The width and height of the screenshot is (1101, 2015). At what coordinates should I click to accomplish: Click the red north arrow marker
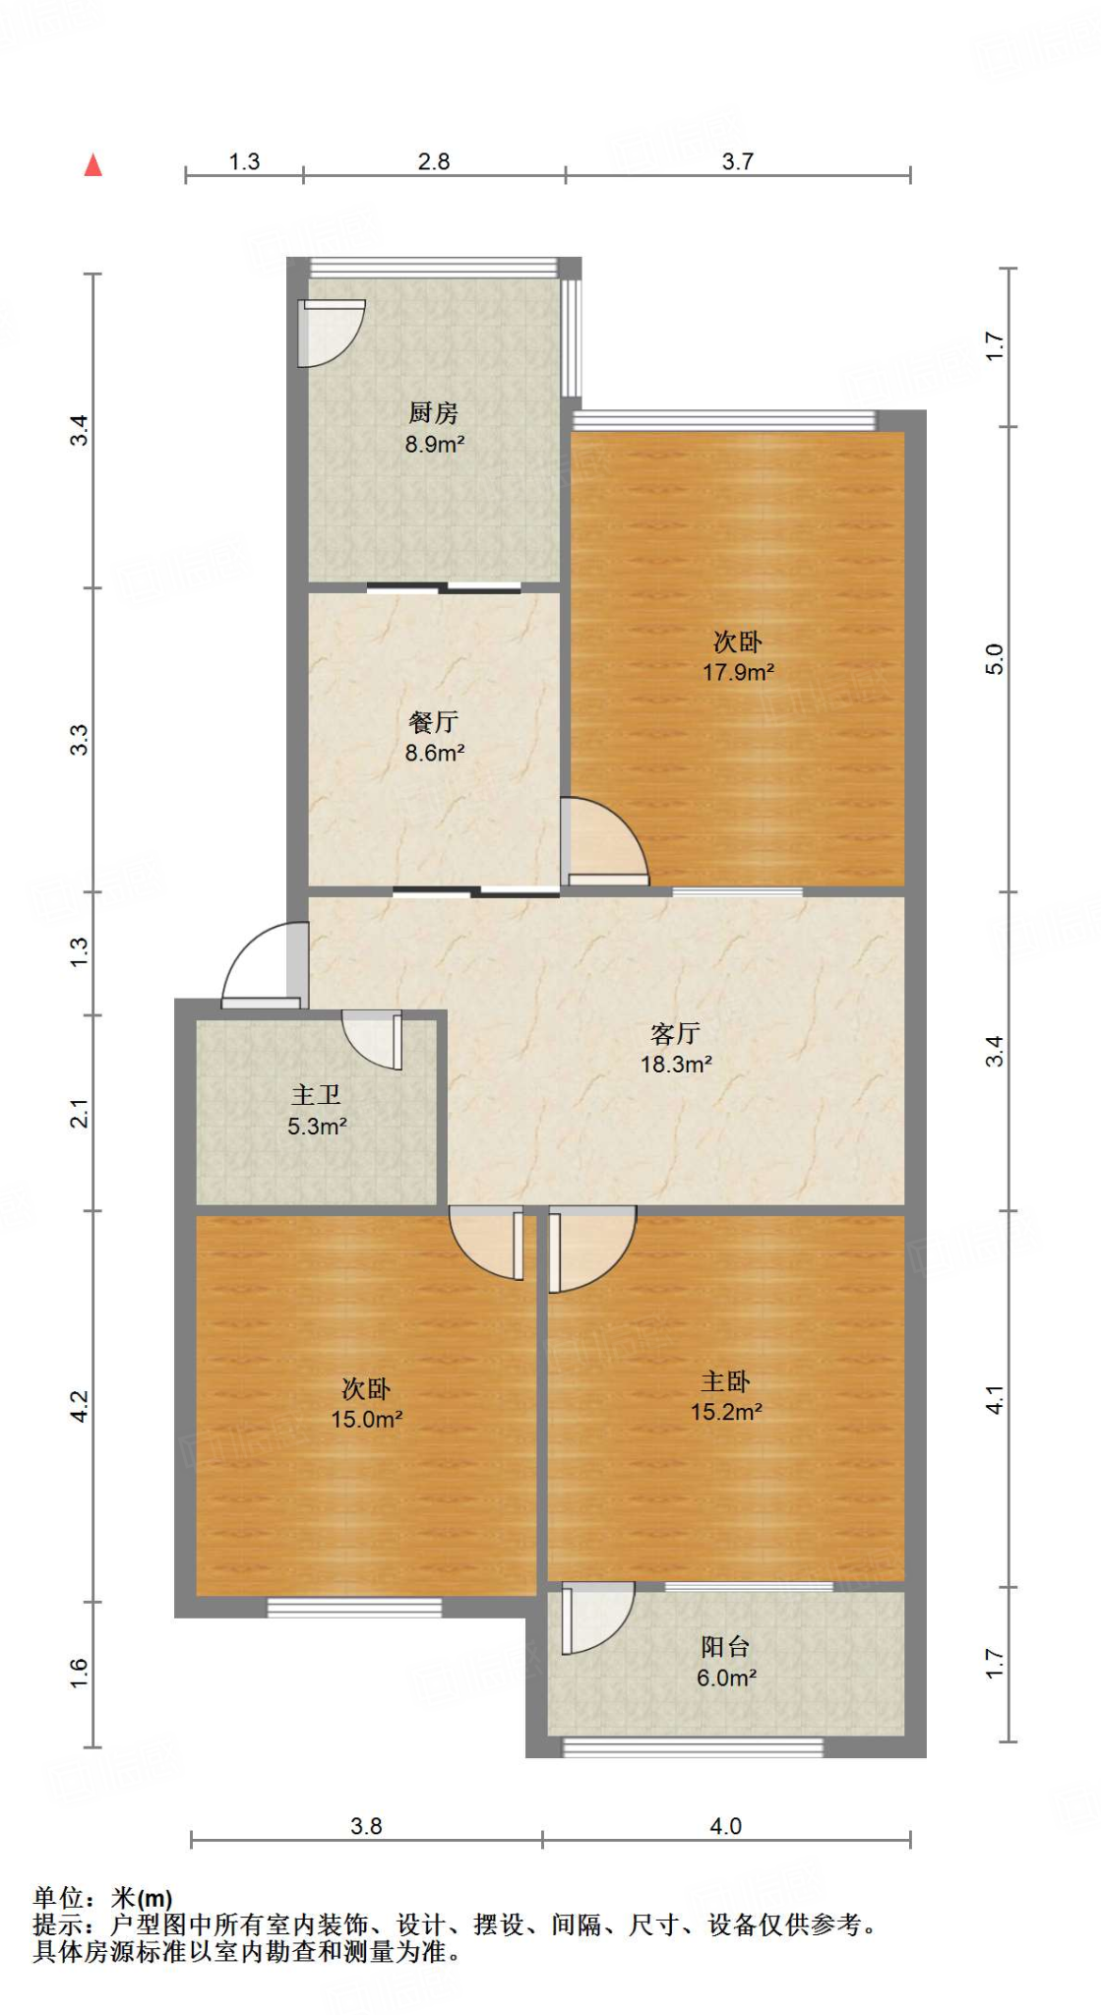[x=93, y=165]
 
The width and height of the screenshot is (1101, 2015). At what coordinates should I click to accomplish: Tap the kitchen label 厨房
[x=434, y=413]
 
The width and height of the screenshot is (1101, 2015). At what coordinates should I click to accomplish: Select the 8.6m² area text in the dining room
[x=434, y=754]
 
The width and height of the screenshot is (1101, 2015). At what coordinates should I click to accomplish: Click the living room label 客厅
[x=675, y=1034]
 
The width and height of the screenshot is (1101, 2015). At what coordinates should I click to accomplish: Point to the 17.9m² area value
[x=738, y=673]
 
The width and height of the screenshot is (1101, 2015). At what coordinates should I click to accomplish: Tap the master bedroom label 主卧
[x=725, y=1382]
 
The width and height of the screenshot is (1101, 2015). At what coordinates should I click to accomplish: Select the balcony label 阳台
[x=725, y=1647]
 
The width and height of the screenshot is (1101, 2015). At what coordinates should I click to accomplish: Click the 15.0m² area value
[x=366, y=1420]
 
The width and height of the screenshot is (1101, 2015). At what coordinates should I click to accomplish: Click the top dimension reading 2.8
[x=434, y=162]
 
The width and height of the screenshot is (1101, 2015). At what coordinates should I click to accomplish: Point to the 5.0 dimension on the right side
[x=995, y=659]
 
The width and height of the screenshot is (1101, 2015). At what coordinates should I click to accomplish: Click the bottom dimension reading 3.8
[x=366, y=1826]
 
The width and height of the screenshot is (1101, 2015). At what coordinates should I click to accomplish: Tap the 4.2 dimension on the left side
[x=80, y=1406]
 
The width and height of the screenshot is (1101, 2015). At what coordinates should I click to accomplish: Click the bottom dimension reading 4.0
[x=725, y=1826]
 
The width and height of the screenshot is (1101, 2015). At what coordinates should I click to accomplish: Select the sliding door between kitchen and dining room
[x=444, y=588]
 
